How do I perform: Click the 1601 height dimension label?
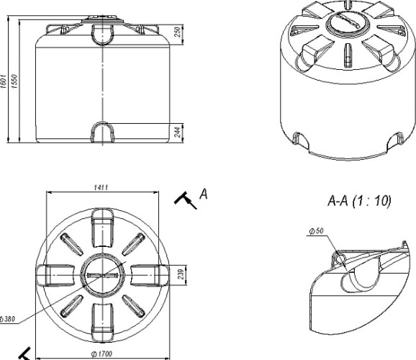click(3, 81)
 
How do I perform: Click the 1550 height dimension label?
click(14, 81)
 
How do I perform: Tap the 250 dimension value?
click(178, 32)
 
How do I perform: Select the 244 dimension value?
click(178, 132)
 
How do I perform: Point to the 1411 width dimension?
click(101, 187)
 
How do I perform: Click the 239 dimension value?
click(181, 274)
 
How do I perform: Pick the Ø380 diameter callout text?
click(7, 319)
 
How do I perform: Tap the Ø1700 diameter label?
click(101, 354)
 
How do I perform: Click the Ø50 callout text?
click(317, 231)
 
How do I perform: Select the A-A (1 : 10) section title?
click(359, 201)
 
